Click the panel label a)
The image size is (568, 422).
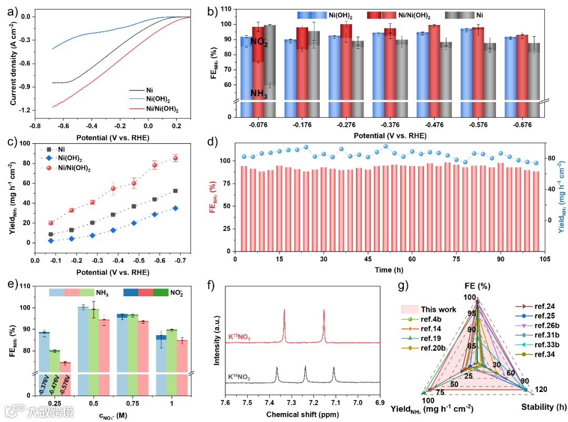click(12, 10)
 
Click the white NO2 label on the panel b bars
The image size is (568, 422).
click(259, 42)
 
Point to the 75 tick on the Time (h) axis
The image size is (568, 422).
click(457, 259)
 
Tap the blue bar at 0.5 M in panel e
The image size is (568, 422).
click(83, 347)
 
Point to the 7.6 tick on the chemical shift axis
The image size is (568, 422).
click(225, 402)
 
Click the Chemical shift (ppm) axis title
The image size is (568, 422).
click(302, 414)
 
